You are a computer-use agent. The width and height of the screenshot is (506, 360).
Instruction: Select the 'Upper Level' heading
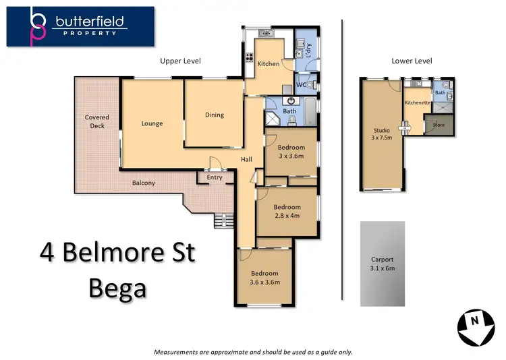(180, 61)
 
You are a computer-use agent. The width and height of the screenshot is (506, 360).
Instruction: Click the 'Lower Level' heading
(412, 61)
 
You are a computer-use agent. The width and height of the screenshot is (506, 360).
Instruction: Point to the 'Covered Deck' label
(97, 121)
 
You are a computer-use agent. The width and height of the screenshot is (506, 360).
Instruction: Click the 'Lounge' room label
(152, 123)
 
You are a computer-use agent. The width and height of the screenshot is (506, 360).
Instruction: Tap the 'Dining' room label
(215, 115)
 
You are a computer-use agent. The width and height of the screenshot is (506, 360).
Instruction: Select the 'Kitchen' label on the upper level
(269, 63)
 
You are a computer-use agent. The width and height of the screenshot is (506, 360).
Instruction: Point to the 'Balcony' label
(143, 183)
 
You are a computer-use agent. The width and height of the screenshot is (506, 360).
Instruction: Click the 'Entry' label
(215, 177)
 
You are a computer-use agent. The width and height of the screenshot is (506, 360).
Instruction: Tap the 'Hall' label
(247, 160)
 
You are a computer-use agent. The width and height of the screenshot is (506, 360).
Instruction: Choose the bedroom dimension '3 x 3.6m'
(291, 156)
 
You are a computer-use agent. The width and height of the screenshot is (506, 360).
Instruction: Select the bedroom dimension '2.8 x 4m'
(286, 216)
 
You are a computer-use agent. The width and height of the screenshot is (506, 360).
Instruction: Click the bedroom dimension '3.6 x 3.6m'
(265, 282)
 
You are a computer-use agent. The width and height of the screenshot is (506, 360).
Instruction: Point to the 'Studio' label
(382, 130)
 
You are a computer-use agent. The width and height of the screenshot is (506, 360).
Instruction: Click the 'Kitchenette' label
(417, 102)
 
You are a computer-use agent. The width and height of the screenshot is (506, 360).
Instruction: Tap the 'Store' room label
(439, 125)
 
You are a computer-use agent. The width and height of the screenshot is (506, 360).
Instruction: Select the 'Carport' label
(383, 260)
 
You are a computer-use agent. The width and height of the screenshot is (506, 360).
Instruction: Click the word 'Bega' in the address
(117, 288)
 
